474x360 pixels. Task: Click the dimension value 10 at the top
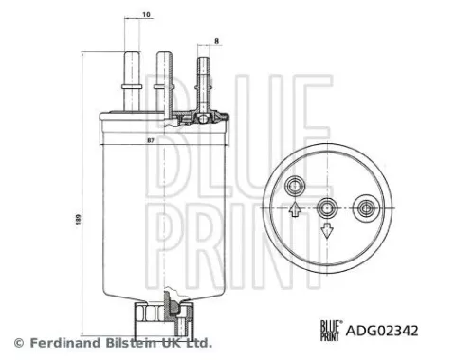pos(146,15)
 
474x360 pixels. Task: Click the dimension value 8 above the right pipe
pos(216,39)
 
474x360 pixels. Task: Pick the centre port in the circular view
pos(327,203)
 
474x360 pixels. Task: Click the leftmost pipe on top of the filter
pos(131,80)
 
